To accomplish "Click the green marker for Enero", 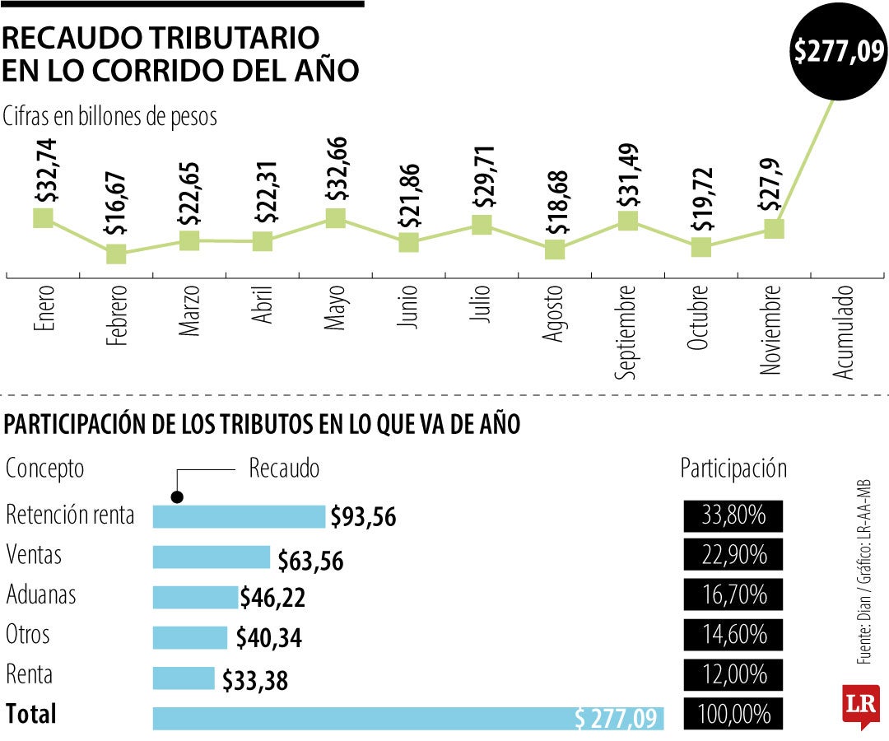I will pyautogui.click(x=43, y=217).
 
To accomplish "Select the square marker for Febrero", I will pyautogui.click(x=116, y=254).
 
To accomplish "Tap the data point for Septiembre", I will pyautogui.click(x=628, y=221).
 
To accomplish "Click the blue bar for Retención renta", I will pyautogui.click(x=239, y=516).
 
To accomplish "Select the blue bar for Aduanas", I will pyautogui.click(x=195, y=597).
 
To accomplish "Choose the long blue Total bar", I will pyautogui.click(x=407, y=717).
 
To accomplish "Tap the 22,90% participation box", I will pyautogui.click(x=733, y=557).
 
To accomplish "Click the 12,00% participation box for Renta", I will pyautogui.click(x=733, y=676).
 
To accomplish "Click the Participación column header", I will pyautogui.click(x=733, y=468).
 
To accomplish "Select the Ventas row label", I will pyautogui.click(x=34, y=556).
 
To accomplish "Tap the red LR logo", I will pyautogui.click(x=860, y=706).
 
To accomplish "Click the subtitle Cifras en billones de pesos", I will pyautogui.click(x=110, y=116).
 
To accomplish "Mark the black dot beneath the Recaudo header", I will pyautogui.click(x=177, y=496).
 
